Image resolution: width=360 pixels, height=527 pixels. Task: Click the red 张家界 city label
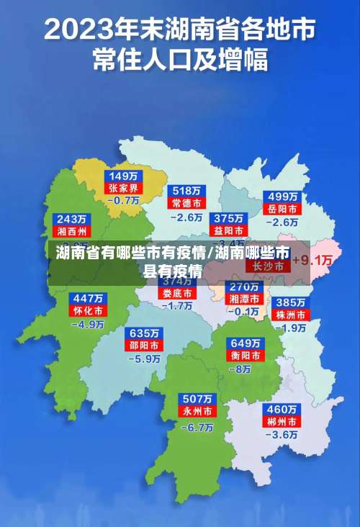124,188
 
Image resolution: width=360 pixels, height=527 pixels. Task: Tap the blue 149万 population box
124,176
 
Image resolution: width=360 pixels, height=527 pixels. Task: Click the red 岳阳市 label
283,209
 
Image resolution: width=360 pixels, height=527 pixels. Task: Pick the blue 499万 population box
283,197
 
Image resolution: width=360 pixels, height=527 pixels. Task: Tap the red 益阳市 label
228,230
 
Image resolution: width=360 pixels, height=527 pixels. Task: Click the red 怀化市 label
88,311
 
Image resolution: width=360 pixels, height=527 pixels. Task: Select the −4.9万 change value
88,324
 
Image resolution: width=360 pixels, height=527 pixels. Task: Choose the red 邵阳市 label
144,346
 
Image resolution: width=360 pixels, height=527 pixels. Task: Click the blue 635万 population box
144,333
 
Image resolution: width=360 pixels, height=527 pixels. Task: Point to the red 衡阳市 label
245,355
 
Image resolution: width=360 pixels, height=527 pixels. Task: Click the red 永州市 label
197,412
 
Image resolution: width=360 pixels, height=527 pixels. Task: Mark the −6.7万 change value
197,426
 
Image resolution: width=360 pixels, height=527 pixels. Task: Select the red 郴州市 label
282,421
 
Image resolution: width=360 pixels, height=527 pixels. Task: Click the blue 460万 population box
282,409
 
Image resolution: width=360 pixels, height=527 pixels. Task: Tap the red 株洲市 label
292,315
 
